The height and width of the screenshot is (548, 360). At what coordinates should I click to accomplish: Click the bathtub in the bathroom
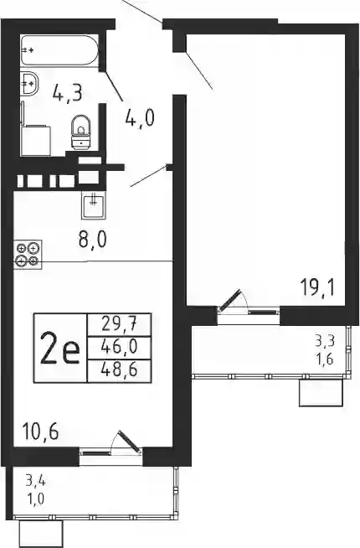pos(59,50)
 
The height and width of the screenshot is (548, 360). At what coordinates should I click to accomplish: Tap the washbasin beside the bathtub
pos(29,83)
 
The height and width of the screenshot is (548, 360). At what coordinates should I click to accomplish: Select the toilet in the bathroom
pos(81,132)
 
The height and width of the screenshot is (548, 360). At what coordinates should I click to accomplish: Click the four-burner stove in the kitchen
pos(28,254)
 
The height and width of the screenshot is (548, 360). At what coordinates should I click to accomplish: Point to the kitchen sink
pos(93,205)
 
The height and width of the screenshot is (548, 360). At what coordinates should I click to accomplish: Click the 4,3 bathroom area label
pos(67,93)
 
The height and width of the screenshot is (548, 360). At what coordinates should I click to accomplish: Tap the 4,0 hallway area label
pos(140,119)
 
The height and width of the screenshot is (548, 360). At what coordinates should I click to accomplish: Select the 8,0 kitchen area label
pos(92,240)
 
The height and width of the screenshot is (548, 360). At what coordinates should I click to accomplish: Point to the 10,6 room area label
pos(40,431)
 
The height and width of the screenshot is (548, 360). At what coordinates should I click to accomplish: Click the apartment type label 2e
pos(59,348)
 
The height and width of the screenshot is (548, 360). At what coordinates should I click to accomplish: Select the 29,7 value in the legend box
pos(119,324)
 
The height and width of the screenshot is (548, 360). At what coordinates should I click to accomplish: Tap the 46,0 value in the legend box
pos(119,347)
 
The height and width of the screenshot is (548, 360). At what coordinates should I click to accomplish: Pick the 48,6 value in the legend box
pos(119,370)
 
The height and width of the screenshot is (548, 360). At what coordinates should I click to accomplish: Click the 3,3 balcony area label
pos(324,341)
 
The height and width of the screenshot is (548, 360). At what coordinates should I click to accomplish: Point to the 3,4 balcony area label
pos(35,483)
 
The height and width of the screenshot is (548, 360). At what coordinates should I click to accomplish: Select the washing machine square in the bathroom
pos(36,141)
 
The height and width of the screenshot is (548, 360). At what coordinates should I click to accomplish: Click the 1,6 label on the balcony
pos(324,359)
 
